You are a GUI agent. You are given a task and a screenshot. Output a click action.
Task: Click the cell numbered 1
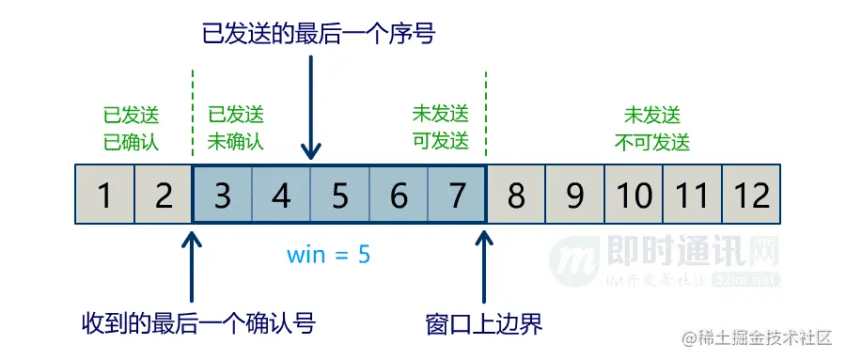point(104,196)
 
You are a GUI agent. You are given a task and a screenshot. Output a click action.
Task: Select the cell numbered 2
point(164,196)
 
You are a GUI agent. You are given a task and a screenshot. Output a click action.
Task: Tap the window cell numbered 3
point(223,196)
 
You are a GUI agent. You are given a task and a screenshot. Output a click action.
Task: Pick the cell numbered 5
point(340,196)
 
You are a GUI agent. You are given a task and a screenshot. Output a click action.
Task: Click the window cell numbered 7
point(457,196)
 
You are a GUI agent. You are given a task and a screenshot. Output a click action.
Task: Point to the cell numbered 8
point(516,196)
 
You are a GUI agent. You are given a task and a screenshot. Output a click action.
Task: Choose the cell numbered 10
point(634,196)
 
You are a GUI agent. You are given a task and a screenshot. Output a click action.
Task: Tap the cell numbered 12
point(752,196)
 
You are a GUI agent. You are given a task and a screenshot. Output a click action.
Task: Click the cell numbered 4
point(281,196)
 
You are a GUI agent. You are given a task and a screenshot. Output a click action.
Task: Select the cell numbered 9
point(574,196)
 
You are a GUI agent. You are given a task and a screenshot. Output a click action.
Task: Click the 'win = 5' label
point(328,254)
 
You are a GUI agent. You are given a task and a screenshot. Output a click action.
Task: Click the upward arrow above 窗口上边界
point(485,264)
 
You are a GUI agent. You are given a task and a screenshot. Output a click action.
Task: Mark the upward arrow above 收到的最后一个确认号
point(192,264)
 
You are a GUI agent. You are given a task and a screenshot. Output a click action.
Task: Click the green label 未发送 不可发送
point(652,129)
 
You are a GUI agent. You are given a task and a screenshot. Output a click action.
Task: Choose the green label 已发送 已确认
point(132,129)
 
